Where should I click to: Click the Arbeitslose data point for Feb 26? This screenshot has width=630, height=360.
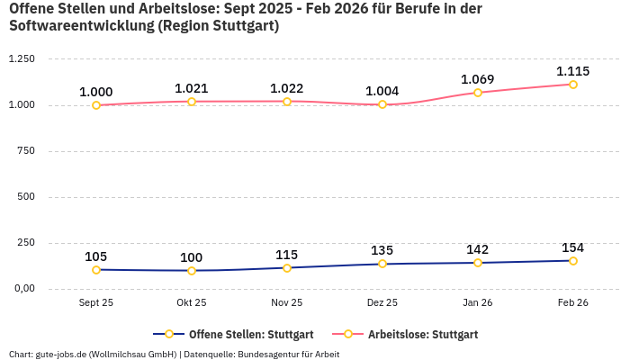tap(572, 85)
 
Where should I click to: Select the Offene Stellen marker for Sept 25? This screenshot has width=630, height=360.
tap(96, 270)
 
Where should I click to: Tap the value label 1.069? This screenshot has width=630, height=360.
tap(478, 79)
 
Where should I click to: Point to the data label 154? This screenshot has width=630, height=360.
tap(572, 247)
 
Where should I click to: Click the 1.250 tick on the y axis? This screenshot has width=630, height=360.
tap(21, 59)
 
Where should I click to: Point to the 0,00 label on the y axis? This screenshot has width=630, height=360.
tap(22, 289)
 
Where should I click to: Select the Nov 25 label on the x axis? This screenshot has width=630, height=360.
tap(287, 303)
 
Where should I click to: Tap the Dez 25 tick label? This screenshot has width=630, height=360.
tap(382, 303)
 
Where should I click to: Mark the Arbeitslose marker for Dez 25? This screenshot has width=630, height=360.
tap(382, 104)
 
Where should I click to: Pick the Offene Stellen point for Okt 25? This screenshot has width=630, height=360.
tap(192, 271)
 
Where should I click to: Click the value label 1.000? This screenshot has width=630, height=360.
tap(96, 92)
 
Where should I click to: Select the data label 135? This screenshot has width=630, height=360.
tap(382, 250)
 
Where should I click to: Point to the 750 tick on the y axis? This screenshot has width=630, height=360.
tap(25, 151)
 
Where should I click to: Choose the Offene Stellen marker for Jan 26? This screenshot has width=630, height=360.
tap(478, 263)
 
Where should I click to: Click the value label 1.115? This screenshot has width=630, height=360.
tap(572, 71)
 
